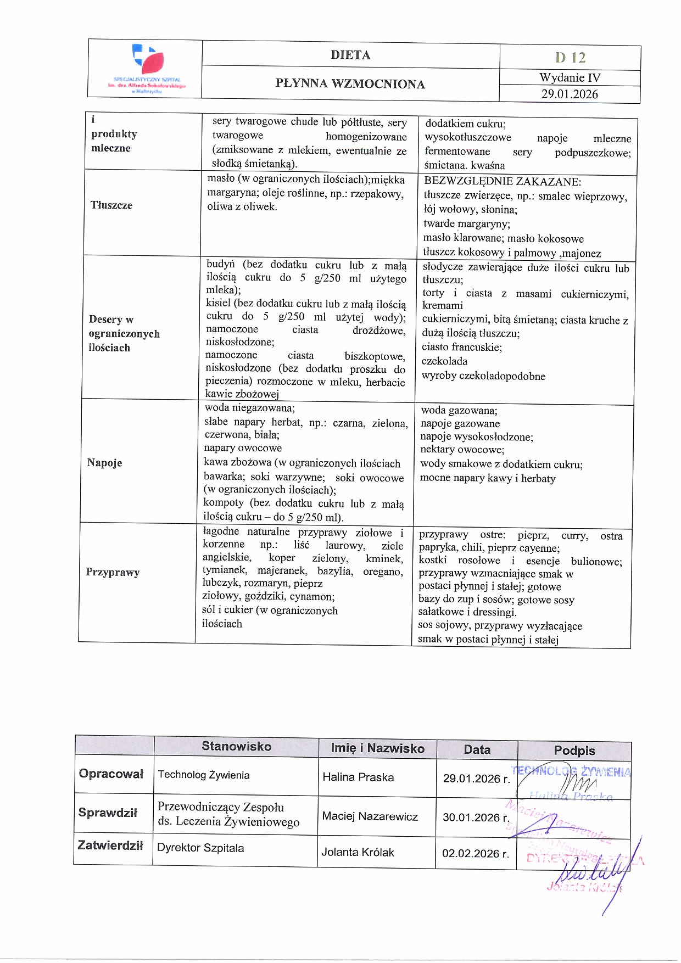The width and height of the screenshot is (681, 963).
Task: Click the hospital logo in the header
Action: [x=147, y=69]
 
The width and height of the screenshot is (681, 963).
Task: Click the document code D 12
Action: [x=570, y=57]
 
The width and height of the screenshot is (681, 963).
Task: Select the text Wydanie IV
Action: [x=570, y=77]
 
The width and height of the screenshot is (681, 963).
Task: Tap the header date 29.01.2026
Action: [x=570, y=94]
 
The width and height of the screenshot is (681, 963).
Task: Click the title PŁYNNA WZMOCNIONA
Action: [x=350, y=83]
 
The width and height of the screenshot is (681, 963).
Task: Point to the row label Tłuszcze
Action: [x=111, y=205]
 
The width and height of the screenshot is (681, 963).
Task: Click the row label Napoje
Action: [x=104, y=463]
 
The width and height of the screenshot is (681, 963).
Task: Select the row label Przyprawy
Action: [x=113, y=572]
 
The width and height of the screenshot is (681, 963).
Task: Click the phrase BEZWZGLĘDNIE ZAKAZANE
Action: [x=502, y=182]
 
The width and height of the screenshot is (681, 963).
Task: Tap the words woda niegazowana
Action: [x=249, y=408]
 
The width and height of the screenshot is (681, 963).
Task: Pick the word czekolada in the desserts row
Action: [x=444, y=361]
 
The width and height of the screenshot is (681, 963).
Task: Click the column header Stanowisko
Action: [x=236, y=746]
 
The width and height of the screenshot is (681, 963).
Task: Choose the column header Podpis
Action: [x=574, y=751]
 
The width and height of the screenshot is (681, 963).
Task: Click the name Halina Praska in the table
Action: [x=358, y=777]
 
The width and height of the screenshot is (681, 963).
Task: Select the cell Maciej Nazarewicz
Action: [x=370, y=816]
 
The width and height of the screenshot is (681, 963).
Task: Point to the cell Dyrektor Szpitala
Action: [x=200, y=848]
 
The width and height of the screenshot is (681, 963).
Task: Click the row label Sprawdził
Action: [x=108, y=813]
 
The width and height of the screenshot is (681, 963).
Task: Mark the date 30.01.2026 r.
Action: [x=476, y=818]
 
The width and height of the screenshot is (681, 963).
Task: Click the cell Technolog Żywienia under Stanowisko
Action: [x=203, y=775]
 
